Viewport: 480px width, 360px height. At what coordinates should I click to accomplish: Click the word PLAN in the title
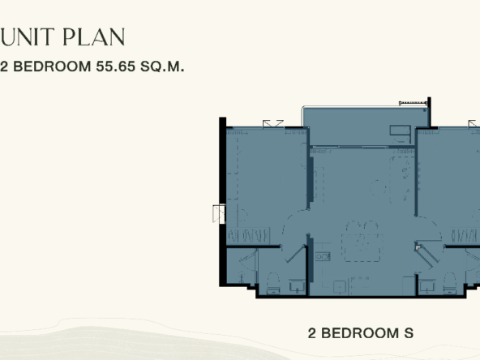click(94, 37)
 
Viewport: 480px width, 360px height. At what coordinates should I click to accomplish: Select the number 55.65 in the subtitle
click(115, 66)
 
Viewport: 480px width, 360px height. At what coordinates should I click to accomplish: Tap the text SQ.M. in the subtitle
click(162, 66)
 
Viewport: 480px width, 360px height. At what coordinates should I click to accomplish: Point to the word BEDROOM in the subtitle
click(52, 66)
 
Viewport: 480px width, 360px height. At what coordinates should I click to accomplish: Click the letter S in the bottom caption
click(409, 333)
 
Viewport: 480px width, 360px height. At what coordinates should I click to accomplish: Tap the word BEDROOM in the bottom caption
click(360, 333)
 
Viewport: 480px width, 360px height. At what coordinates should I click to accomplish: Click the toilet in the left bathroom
click(273, 283)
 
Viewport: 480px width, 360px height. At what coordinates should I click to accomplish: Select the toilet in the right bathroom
click(449, 283)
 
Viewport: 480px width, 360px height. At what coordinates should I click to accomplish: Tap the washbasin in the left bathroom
click(297, 286)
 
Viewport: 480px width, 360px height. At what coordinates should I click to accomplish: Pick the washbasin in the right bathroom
click(426, 286)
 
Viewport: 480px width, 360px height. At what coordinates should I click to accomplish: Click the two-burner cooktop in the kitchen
click(323, 256)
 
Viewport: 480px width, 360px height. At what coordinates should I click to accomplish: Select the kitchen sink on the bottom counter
click(340, 287)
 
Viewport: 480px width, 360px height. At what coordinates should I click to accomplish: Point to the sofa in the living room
click(401, 180)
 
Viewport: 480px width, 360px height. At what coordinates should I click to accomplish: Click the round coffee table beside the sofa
click(378, 188)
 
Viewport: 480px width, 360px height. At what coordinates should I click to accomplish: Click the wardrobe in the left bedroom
click(248, 236)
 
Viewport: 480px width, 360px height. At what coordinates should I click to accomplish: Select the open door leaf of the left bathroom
click(296, 254)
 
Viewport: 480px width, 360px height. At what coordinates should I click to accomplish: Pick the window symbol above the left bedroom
click(273, 124)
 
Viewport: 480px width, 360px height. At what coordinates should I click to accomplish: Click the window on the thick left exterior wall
click(219, 214)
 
